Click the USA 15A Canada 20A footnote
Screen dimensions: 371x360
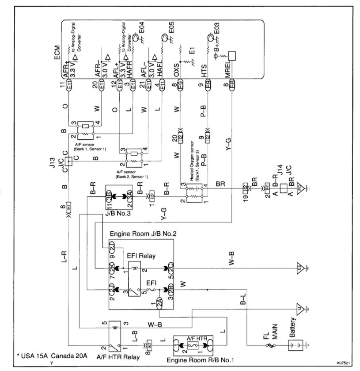50,356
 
